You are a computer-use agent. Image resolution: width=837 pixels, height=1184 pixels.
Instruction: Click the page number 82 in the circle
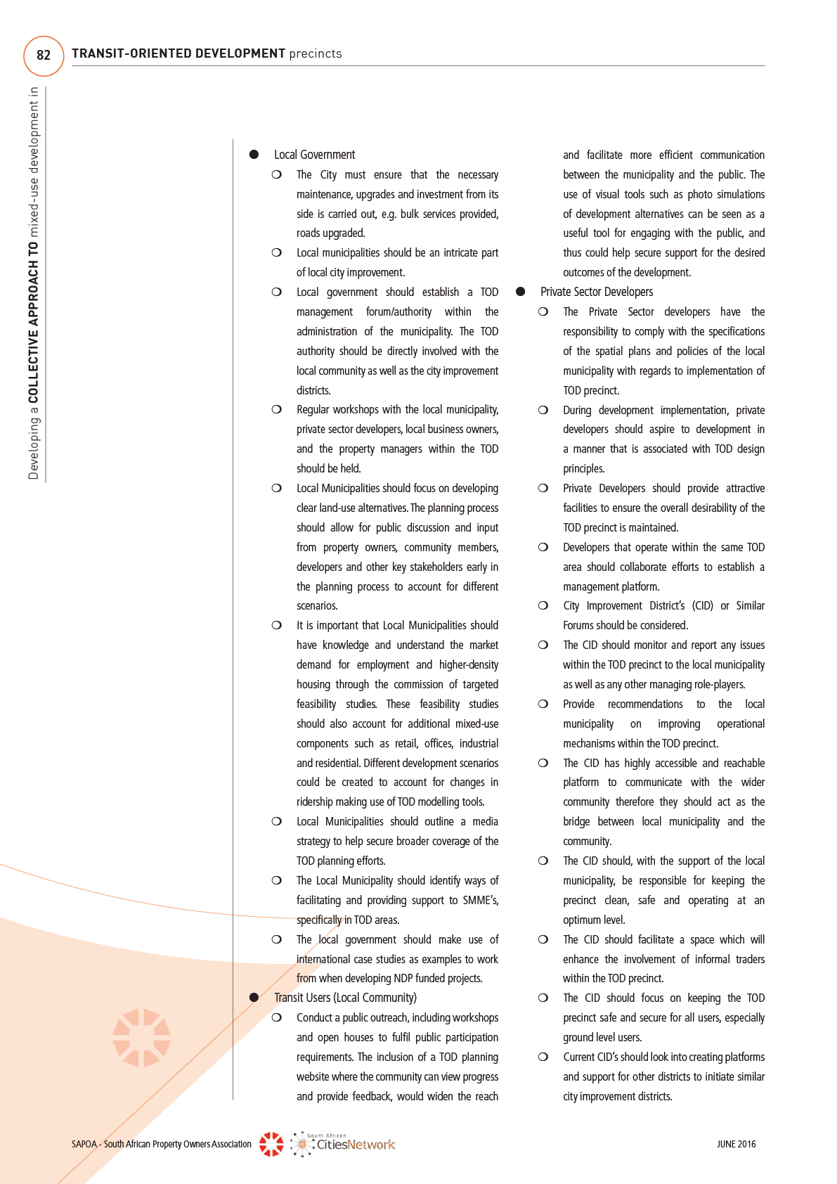(44, 56)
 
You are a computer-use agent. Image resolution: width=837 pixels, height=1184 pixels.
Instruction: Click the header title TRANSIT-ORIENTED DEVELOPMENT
(179, 53)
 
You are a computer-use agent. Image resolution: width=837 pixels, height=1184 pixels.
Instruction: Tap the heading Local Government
(314, 155)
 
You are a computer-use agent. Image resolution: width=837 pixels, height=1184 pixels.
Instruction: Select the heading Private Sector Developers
(597, 292)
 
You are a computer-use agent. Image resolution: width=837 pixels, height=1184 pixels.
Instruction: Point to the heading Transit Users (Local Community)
(345, 998)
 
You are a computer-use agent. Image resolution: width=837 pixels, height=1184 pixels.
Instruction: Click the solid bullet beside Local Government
(254, 155)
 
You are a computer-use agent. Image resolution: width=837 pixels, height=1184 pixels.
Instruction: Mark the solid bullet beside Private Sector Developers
(521, 292)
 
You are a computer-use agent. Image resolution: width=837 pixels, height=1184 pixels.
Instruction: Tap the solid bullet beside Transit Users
(254, 998)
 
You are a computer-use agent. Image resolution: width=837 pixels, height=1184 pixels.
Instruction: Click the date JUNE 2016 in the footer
(736, 1144)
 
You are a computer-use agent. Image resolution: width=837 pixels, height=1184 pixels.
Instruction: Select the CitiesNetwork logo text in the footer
(356, 1145)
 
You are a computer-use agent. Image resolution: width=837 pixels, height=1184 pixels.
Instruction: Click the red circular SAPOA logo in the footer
(271, 1144)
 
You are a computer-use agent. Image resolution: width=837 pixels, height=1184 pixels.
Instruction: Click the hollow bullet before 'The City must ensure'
(277, 174)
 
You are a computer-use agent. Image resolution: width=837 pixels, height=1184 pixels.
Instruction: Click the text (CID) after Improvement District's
(702, 605)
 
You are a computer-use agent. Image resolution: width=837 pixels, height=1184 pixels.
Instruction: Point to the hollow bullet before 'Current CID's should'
(543, 1057)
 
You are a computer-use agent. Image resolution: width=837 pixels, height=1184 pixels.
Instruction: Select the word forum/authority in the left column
(398, 311)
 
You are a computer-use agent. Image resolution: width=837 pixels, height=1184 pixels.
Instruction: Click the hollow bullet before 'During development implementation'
(543, 410)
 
